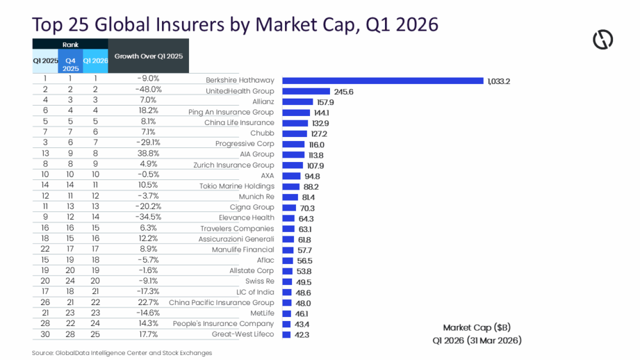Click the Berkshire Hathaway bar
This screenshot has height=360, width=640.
pos(382,81)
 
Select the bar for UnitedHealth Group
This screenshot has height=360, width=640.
pos(306,92)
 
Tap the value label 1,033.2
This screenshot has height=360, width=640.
pos(498,81)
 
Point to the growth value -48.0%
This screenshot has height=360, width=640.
pos(149,90)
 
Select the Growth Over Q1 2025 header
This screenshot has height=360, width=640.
pos(149,56)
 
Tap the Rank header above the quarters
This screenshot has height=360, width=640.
pos(70,45)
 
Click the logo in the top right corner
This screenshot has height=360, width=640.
pos(602,40)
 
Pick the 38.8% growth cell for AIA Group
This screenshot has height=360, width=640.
pos(149,154)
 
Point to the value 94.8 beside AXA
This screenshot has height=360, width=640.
pos(313,176)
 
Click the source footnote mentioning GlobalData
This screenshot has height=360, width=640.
pos(122,353)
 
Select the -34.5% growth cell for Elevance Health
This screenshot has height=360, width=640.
pos(149,218)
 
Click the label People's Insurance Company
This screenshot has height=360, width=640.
pos(224,324)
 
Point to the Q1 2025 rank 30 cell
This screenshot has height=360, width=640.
pos(45,334)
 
